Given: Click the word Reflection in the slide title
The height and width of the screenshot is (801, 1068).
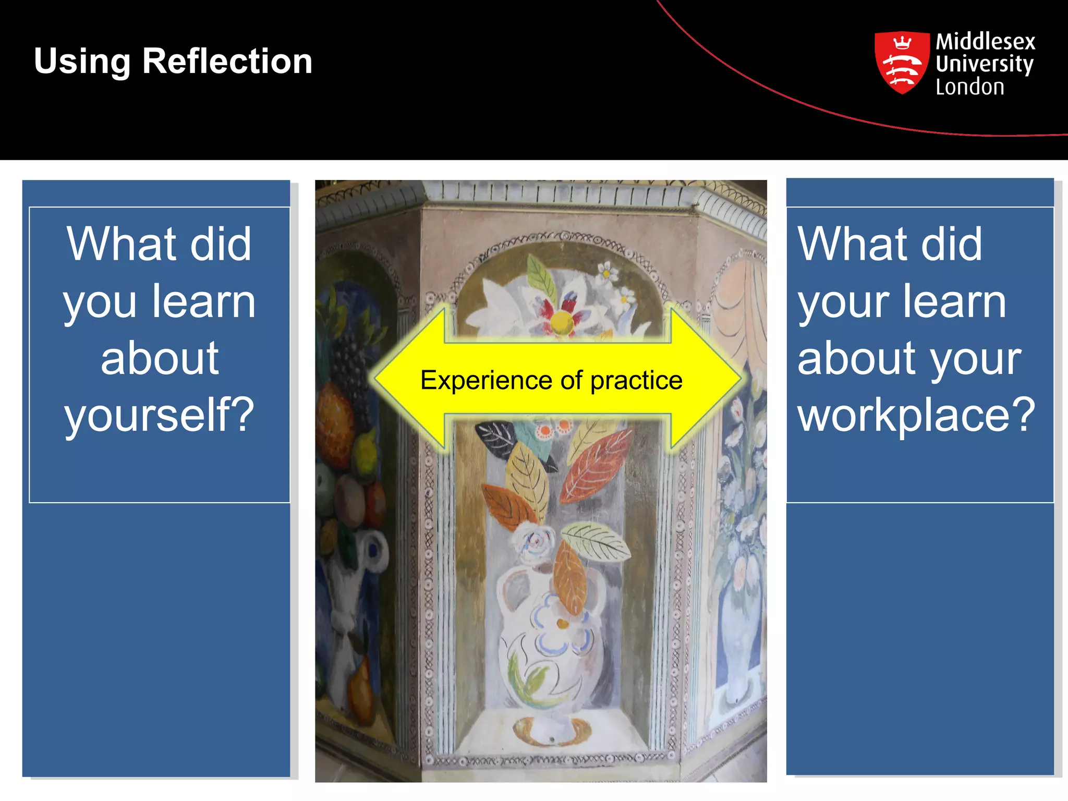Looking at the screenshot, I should (227, 61).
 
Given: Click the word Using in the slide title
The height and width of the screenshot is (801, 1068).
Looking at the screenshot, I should (82, 62).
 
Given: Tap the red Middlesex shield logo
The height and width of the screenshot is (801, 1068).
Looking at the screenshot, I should (902, 63).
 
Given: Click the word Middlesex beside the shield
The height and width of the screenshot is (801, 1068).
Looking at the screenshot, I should (985, 41).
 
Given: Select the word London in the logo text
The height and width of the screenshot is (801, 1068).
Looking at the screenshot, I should (969, 87).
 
